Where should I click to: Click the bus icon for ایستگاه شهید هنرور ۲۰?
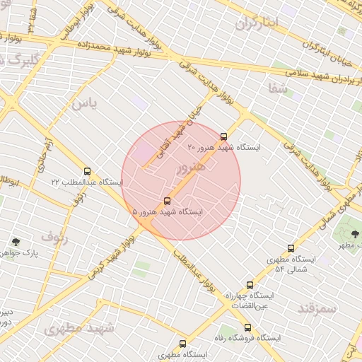(224, 136)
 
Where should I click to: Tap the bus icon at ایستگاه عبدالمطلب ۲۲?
(88, 171)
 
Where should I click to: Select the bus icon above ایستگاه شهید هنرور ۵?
(167, 201)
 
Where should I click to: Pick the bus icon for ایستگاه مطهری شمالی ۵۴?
(291, 248)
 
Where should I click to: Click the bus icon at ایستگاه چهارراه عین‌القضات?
(249, 284)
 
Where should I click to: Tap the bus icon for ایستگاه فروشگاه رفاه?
(247, 327)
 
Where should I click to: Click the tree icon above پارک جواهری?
(16, 242)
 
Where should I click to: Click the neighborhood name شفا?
(278, 89)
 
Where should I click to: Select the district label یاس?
(83, 104)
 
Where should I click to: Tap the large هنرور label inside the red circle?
(189, 167)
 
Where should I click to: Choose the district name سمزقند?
(316, 308)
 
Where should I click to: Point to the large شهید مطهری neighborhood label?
(78, 328)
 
